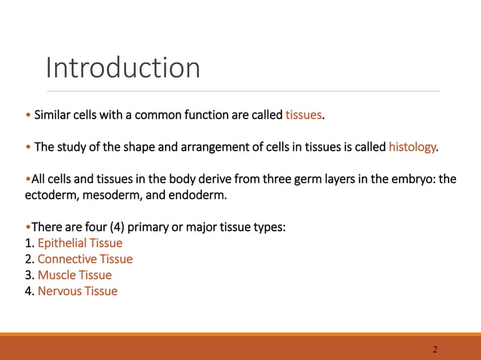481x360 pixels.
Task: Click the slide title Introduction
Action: pyautogui.click(x=123, y=68)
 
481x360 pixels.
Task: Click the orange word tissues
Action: pyautogui.click(x=304, y=115)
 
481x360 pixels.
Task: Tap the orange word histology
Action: pyautogui.click(x=412, y=146)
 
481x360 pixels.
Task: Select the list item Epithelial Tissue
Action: pyautogui.click(x=80, y=243)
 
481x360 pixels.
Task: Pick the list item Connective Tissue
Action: pyautogui.click(x=85, y=259)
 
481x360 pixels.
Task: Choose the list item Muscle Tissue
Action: pyautogui.click(x=75, y=275)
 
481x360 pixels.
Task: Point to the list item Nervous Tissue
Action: pyautogui.click(x=78, y=291)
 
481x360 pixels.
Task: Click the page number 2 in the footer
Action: pyautogui.click(x=435, y=349)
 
